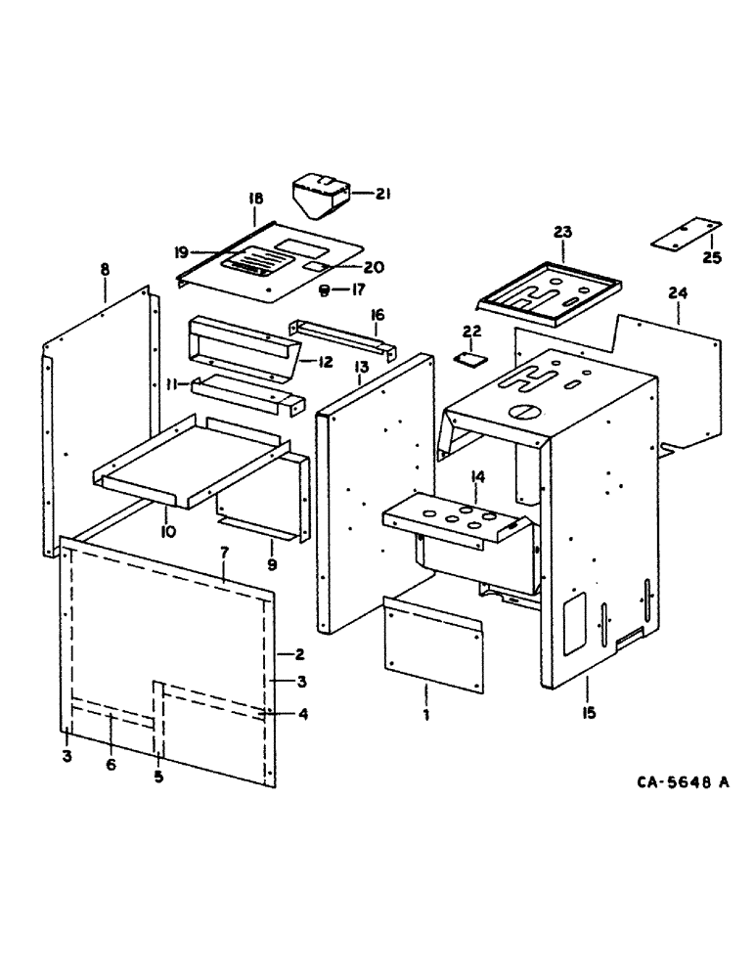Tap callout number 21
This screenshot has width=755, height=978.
tap(381, 195)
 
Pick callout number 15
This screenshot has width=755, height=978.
tap(588, 715)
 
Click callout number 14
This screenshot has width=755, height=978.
tap(478, 476)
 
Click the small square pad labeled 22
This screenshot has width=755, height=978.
tap(470, 358)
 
